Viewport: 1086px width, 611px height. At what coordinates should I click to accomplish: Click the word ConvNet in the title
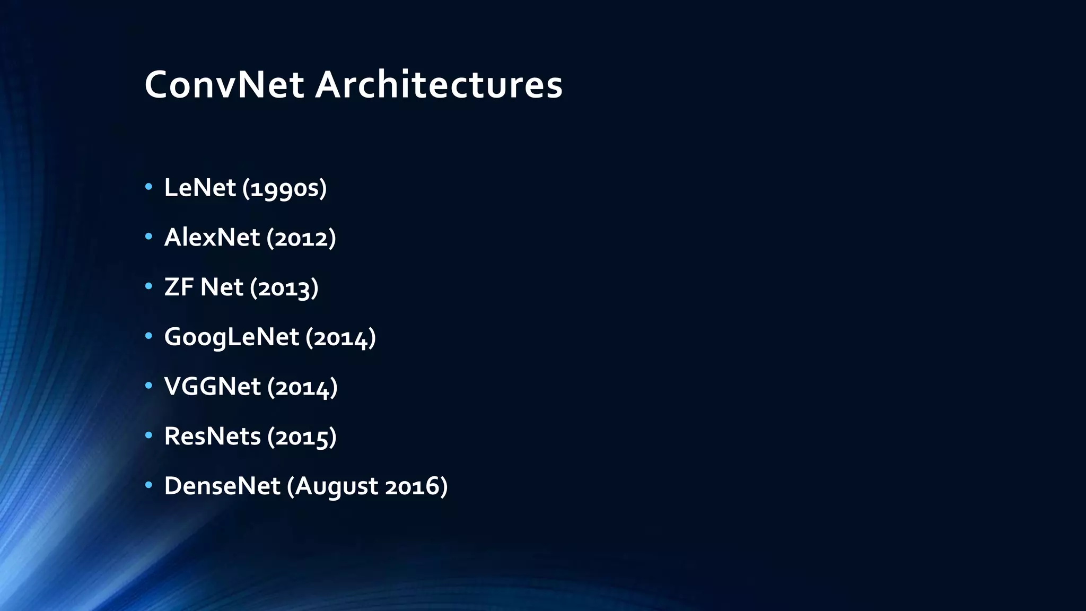coord(224,85)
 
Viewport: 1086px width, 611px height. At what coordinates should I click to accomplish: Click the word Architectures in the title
coord(439,85)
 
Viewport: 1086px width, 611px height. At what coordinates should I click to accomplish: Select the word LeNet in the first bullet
coord(200,188)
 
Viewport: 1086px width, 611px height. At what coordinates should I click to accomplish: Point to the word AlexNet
coord(212,237)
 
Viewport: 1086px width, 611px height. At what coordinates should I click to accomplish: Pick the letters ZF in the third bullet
coord(179,287)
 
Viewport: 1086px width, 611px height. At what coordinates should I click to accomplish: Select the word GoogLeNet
coord(232,337)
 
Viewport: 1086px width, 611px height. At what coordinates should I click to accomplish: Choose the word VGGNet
coord(212,387)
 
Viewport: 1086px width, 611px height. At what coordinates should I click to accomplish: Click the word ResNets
coord(212,437)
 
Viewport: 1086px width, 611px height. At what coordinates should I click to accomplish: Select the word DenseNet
coord(222,486)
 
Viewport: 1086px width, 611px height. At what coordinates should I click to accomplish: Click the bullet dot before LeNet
coord(149,187)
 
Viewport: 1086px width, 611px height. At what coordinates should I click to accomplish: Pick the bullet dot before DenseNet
coord(149,485)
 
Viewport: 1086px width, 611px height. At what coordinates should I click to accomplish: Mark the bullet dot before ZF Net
coord(149,286)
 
